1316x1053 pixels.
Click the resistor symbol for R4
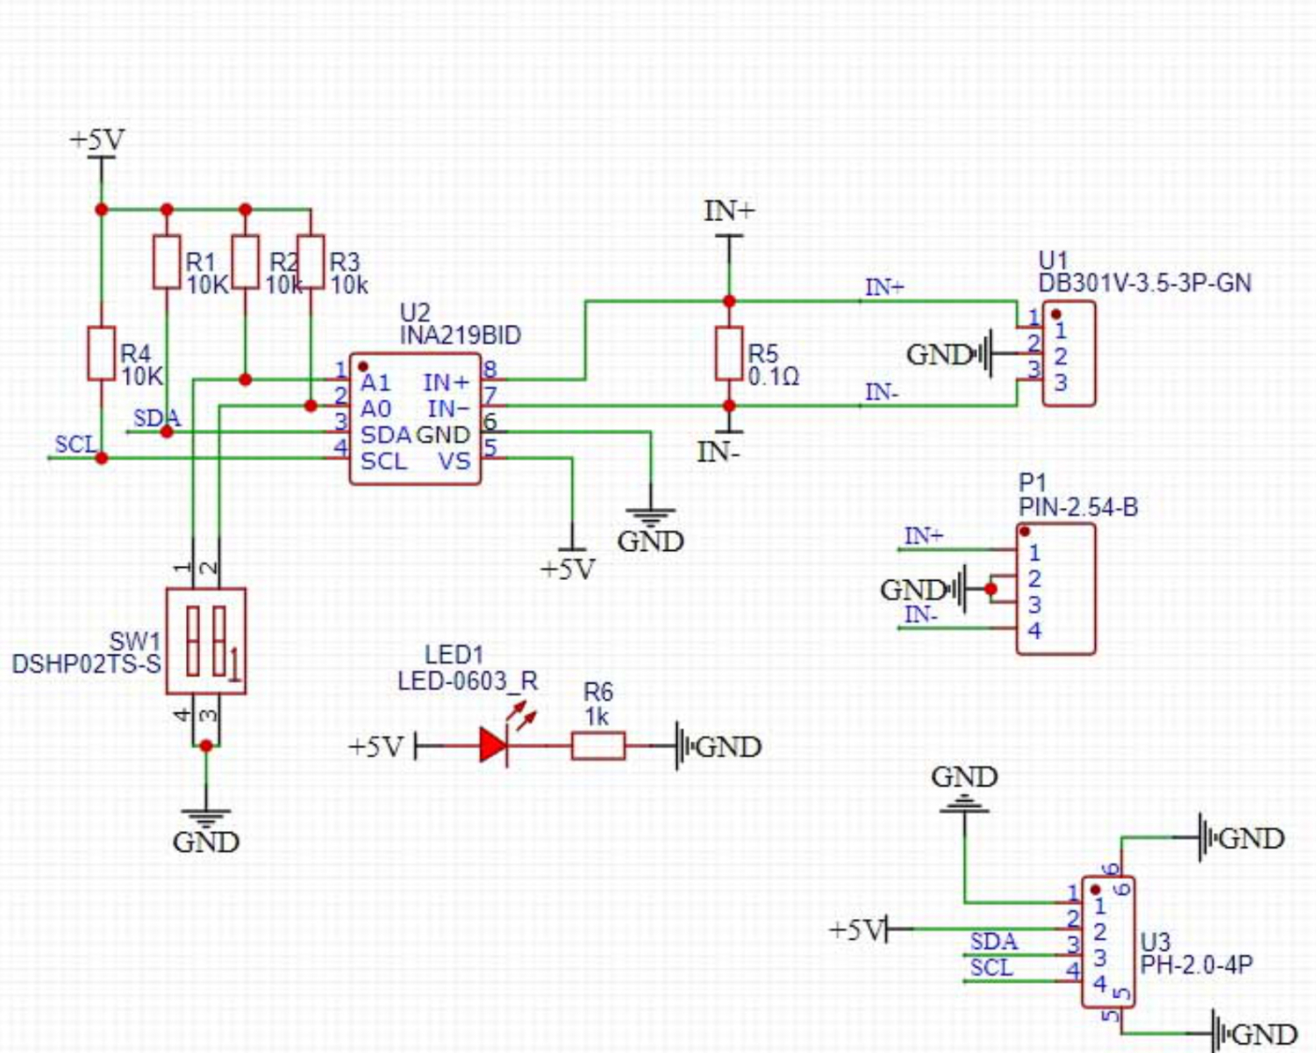[x=101, y=353]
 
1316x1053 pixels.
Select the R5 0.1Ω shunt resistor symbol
[x=728, y=353]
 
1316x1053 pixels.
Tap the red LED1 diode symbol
[x=493, y=746]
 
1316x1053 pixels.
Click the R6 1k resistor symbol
[x=597, y=747]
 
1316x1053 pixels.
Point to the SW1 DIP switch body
[x=205, y=641]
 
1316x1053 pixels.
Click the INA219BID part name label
[x=460, y=335]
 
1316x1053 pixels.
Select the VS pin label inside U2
[x=454, y=461]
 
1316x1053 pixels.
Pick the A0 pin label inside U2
[x=375, y=409]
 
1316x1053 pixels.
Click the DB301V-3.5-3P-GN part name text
[x=1144, y=283]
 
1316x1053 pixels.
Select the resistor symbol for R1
[x=167, y=261]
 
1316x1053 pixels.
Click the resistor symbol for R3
[x=311, y=261]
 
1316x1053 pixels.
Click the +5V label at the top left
[x=97, y=140]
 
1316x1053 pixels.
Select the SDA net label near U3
[x=993, y=942]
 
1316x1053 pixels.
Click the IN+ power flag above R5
[x=728, y=211]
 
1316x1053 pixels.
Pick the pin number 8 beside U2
[x=490, y=369]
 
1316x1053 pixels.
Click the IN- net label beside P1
[x=920, y=615]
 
